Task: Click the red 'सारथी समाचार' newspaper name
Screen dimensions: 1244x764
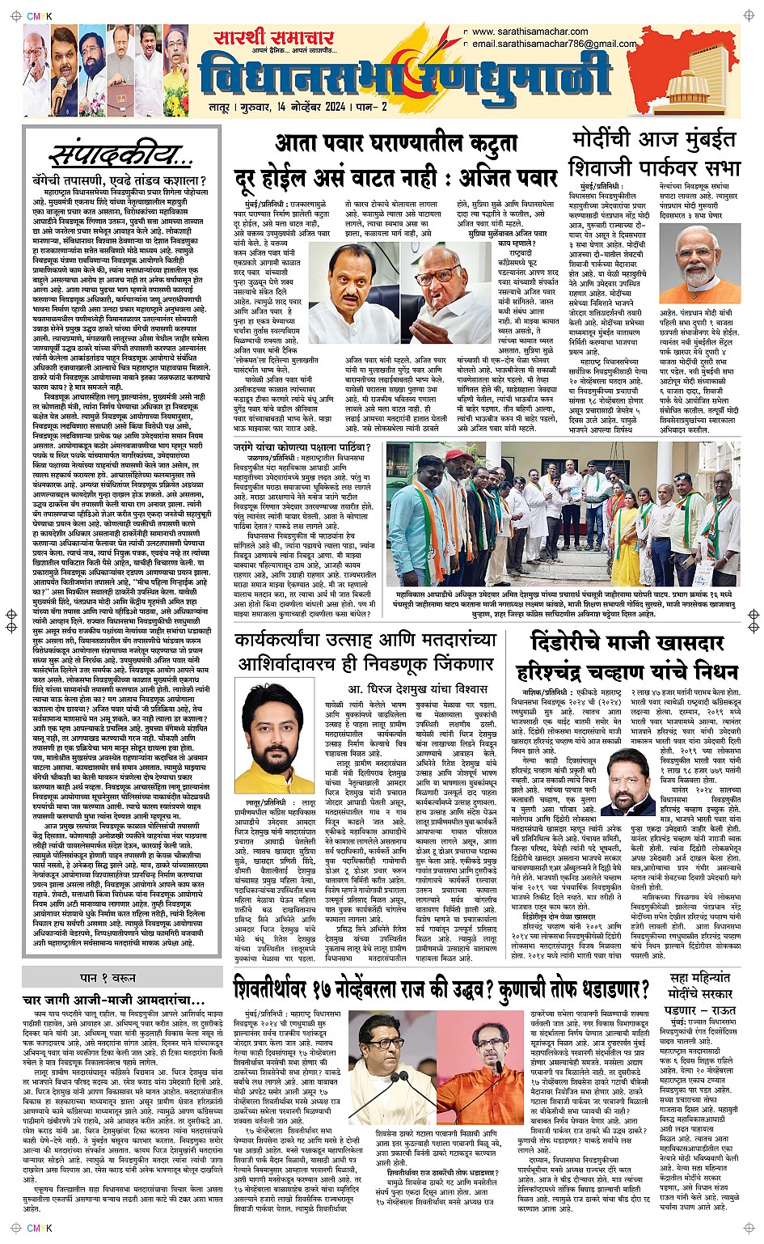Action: [x=273, y=38]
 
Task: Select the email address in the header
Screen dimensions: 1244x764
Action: [x=554, y=44]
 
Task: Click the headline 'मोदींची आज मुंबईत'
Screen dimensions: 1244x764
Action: [x=654, y=138]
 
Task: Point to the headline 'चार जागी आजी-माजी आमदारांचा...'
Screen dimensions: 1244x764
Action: [x=112, y=1001]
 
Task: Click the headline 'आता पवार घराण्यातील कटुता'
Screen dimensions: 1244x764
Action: [x=395, y=143]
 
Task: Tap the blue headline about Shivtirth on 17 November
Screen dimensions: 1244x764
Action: [x=441, y=988]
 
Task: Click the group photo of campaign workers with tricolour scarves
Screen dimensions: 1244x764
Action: [x=562, y=513]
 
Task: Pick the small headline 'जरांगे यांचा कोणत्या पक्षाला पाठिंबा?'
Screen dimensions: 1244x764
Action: [x=309, y=446]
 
